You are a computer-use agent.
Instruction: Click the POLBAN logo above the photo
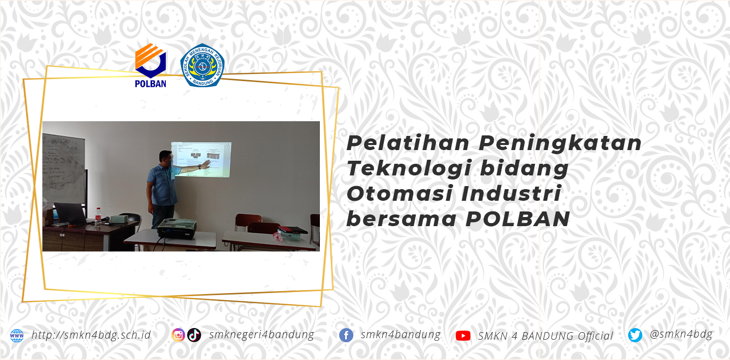coord(150,65)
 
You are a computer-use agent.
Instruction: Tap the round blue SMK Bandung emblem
coord(202,65)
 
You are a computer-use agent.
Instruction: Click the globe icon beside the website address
coord(17,336)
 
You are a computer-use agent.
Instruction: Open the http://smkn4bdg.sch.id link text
coord(91,335)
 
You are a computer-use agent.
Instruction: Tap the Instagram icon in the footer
coord(178,335)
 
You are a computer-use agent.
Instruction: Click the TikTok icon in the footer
coord(194,335)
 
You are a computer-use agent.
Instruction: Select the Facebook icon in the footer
coord(346,335)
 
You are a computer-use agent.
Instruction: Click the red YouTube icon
coord(463,336)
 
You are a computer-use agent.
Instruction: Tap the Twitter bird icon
coord(635,335)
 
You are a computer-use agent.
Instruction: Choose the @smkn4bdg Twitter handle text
coord(681,334)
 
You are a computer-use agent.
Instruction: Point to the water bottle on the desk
coord(98,216)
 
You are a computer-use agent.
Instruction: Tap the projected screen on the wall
coord(201,159)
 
